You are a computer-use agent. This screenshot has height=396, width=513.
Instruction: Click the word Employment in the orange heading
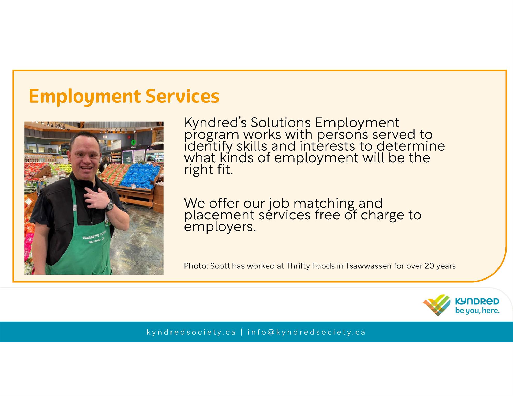85,97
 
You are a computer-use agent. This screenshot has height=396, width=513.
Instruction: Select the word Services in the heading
182,96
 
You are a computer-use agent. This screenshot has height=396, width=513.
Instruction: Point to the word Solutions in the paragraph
281,122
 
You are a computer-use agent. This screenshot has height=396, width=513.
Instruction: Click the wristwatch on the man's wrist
110,206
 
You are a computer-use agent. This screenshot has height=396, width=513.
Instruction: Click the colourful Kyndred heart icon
436,305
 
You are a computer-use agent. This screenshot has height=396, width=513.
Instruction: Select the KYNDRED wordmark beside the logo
477,302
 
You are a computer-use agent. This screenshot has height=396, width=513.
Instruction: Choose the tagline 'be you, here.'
477,311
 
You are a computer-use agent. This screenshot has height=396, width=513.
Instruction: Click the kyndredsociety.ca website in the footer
191,332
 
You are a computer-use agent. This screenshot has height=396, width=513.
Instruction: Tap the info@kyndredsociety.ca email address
306,332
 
